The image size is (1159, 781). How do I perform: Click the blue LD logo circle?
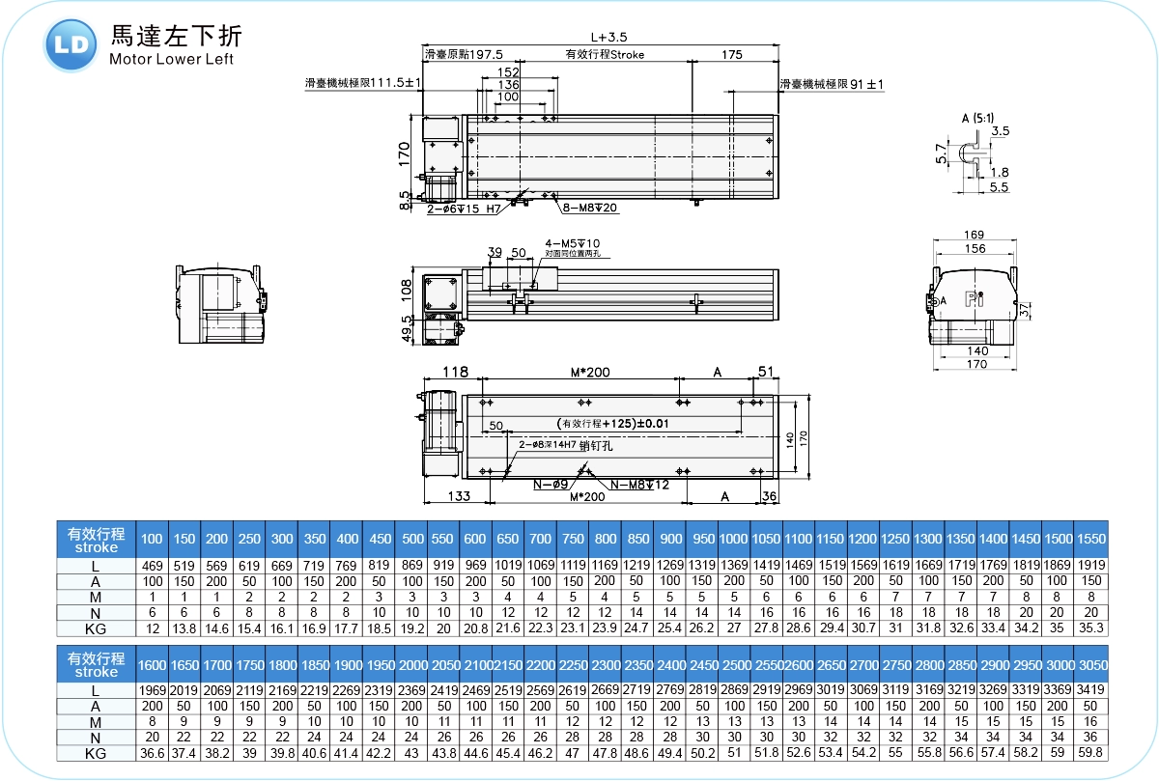(71, 45)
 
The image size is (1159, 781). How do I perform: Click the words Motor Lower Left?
(171, 60)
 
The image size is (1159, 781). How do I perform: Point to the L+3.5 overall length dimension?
(608, 37)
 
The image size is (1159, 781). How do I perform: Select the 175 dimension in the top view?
(732, 55)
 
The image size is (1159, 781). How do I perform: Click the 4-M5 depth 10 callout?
(573, 243)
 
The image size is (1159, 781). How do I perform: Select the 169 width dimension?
(975, 235)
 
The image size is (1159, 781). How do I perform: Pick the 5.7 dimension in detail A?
(941, 153)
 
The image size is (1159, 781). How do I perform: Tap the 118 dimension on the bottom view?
(455, 372)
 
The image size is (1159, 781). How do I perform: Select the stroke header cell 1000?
(733, 539)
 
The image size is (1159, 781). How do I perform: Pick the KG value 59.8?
(1091, 753)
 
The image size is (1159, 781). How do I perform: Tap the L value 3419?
(1091, 690)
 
